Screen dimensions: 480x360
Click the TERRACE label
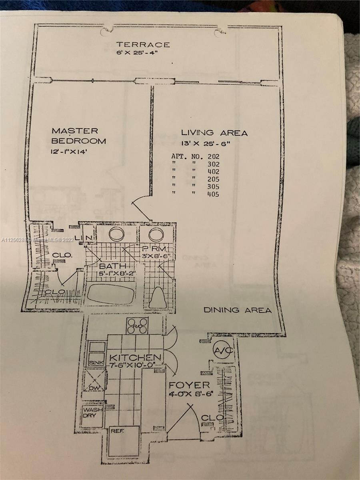point(143,44)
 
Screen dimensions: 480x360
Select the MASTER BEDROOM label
point(79,136)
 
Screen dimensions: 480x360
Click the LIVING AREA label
point(214,133)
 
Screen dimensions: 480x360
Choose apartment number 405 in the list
point(213,194)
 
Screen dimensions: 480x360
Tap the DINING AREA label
point(237,310)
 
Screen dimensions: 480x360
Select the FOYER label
point(189,385)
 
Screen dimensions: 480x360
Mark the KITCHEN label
point(136,357)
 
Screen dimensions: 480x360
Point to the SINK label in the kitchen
point(97,362)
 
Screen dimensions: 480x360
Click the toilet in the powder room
point(158,297)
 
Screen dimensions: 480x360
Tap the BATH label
point(112,266)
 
